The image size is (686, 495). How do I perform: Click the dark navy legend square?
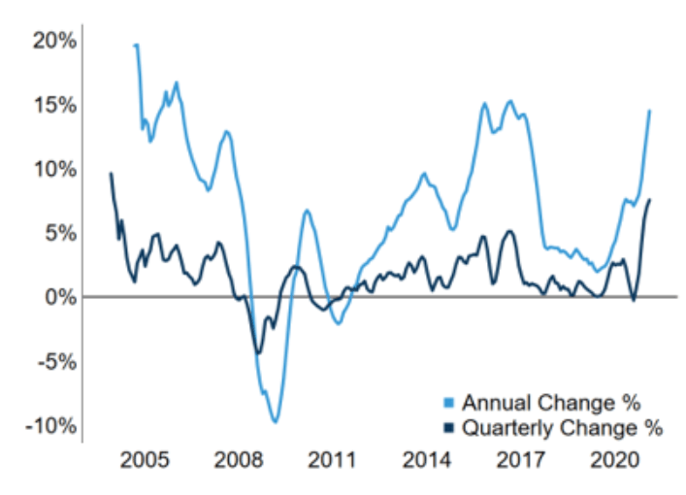tap(447, 428)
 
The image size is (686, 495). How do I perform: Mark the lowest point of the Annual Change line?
tap(276, 421)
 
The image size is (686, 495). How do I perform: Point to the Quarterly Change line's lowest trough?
tap(258, 353)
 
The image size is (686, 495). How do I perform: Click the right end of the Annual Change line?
tap(649, 111)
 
